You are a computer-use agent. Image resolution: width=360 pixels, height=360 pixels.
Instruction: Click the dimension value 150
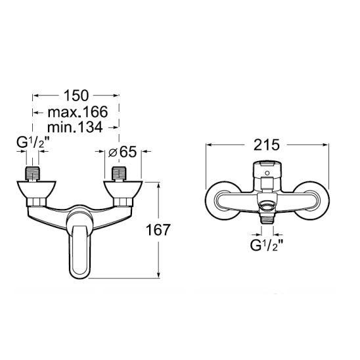pyautogui.click(x=76, y=95)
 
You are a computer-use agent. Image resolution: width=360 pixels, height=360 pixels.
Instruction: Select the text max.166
pyautogui.click(x=78, y=112)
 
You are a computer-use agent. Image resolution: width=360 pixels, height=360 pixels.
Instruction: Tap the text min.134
pyautogui.click(x=75, y=127)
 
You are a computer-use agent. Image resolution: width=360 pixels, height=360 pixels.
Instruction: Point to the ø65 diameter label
pyautogui.click(x=122, y=152)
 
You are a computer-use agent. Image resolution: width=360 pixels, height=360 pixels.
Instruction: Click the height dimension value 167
pyautogui.click(x=158, y=230)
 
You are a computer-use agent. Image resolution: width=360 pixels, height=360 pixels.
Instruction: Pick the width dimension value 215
pyautogui.click(x=266, y=145)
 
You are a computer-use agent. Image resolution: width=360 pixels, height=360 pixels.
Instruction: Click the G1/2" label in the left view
pyautogui.click(x=32, y=143)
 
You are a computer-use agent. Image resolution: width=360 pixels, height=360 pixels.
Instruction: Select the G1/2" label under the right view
pyautogui.click(x=266, y=246)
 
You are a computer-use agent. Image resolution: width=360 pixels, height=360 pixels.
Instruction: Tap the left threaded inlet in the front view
pyautogui.click(x=32, y=174)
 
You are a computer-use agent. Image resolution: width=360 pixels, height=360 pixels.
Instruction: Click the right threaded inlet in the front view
pyautogui.click(x=119, y=173)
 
